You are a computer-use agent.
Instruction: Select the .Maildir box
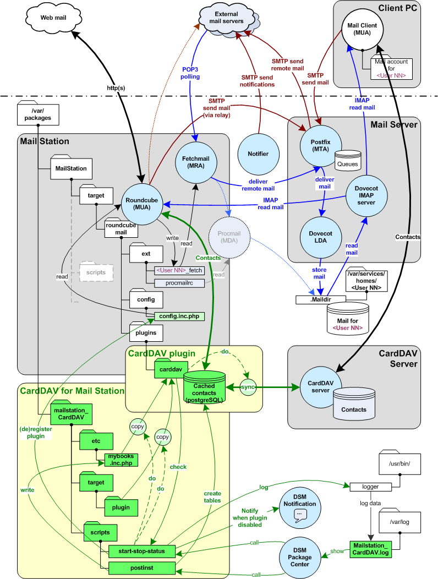pos(320,299)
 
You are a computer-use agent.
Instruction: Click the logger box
pos(370,487)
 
